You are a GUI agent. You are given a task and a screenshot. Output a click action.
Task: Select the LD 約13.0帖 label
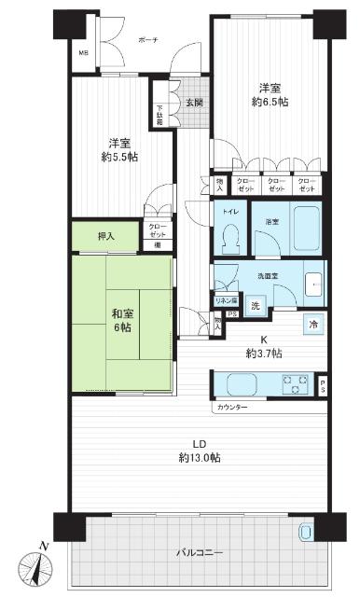point(201,451)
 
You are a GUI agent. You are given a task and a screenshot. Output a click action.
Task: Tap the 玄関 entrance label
point(193,103)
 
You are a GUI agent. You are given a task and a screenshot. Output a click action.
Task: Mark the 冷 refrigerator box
point(313,323)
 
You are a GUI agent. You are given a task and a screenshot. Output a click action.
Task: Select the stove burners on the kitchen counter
point(295,383)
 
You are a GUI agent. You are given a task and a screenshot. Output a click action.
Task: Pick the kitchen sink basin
point(238,383)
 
